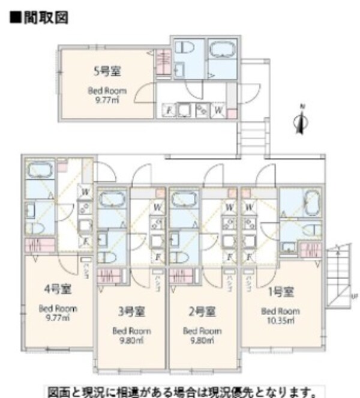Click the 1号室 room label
(280, 292)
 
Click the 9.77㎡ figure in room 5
(107, 101)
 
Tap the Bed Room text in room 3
(131, 331)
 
